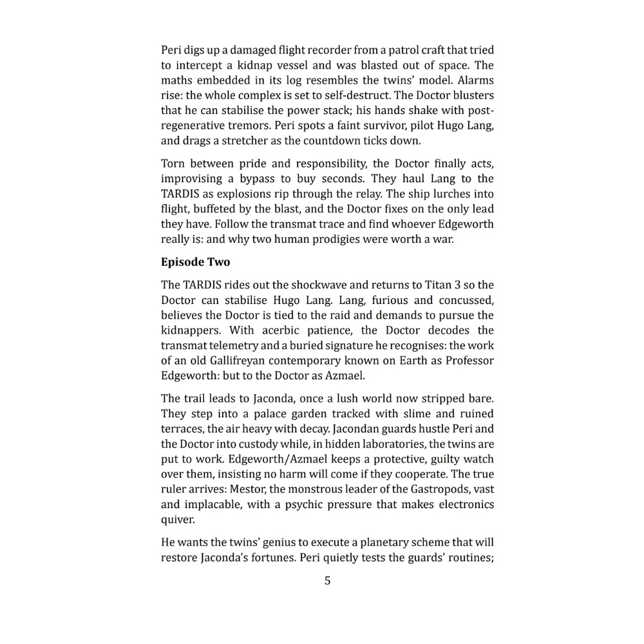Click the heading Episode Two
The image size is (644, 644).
pyautogui.click(x=195, y=262)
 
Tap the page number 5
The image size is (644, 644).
pyautogui.click(x=327, y=581)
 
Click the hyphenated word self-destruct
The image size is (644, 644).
pyautogui.click(x=327, y=95)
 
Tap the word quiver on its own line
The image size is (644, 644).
pyautogui.click(x=177, y=520)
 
